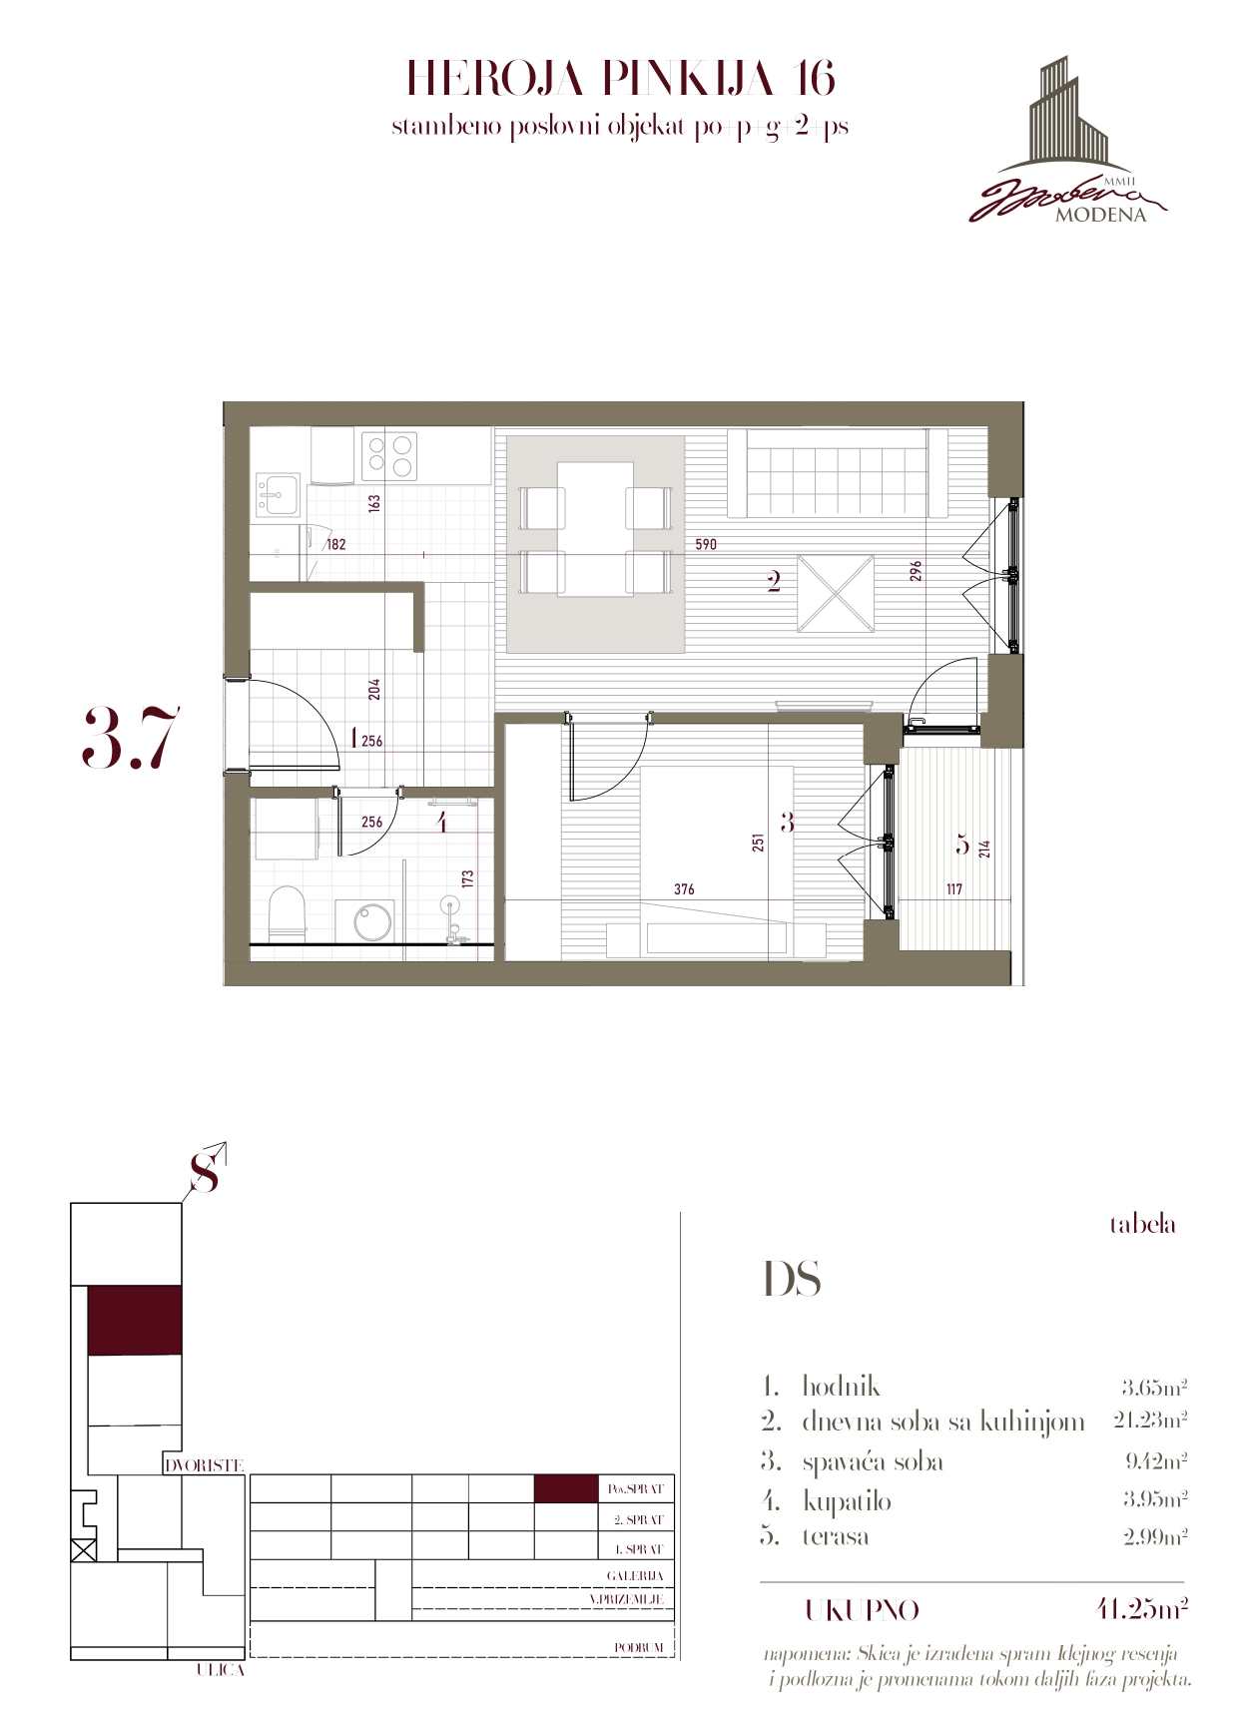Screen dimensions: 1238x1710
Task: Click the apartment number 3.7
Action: click(x=131, y=738)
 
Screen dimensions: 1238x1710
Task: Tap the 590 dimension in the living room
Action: click(x=706, y=544)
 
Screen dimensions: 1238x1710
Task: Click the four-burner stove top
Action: click(x=389, y=455)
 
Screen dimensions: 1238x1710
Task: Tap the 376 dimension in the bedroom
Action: click(x=684, y=889)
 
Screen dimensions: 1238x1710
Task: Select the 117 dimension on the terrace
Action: click(x=953, y=889)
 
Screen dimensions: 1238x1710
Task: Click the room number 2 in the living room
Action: click(x=774, y=582)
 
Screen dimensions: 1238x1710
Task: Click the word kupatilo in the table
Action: click(x=847, y=1501)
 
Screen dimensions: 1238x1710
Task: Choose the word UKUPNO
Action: click(x=863, y=1611)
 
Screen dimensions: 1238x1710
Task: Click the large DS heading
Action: click(x=792, y=1279)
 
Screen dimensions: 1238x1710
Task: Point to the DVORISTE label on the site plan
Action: click(x=204, y=1465)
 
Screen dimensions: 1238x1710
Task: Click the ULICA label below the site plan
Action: click(x=220, y=1669)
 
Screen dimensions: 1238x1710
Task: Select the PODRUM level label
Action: click(x=639, y=1647)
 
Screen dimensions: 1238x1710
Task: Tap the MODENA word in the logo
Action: click(x=1100, y=216)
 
